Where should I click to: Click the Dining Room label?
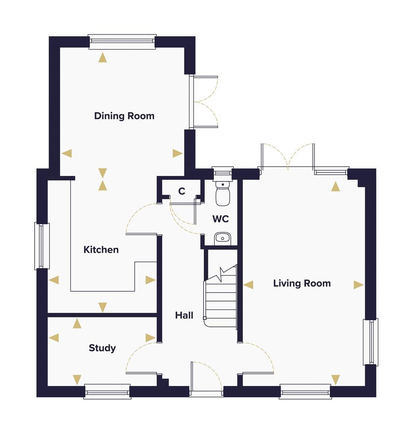[x=124, y=116]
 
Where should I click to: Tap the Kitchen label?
[x=101, y=249]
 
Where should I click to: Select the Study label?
[x=102, y=348]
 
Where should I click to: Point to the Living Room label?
[x=302, y=283]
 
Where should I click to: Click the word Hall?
[x=184, y=315]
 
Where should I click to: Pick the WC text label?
[x=221, y=219]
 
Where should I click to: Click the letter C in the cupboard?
[x=182, y=191]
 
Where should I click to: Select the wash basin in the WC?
[x=222, y=238]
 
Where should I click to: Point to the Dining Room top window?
[x=122, y=42]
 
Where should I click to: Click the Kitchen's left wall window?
[x=42, y=246]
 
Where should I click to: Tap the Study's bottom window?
[x=107, y=392]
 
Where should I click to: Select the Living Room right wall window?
[x=370, y=342]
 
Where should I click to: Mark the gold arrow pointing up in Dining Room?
[x=103, y=58]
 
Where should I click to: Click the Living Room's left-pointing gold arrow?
[x=248, y=285]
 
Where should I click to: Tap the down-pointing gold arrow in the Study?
[x=77, y=380]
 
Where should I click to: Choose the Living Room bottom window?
[x=305, y=392]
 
